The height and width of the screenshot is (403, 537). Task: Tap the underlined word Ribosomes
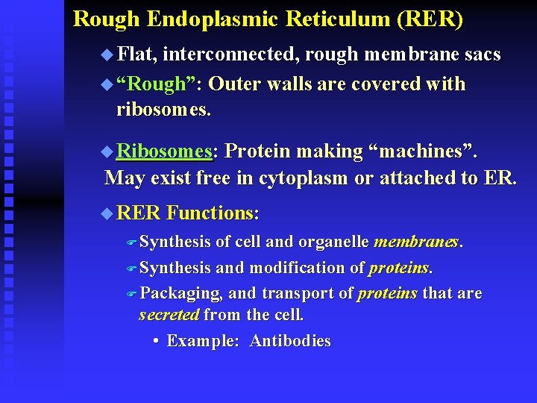164,151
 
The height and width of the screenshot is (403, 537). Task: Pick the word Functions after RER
213,213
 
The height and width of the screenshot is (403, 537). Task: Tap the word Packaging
181,294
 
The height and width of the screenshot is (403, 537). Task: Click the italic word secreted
169,315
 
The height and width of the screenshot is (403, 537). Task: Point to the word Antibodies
290,341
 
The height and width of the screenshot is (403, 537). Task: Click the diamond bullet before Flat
107,54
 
